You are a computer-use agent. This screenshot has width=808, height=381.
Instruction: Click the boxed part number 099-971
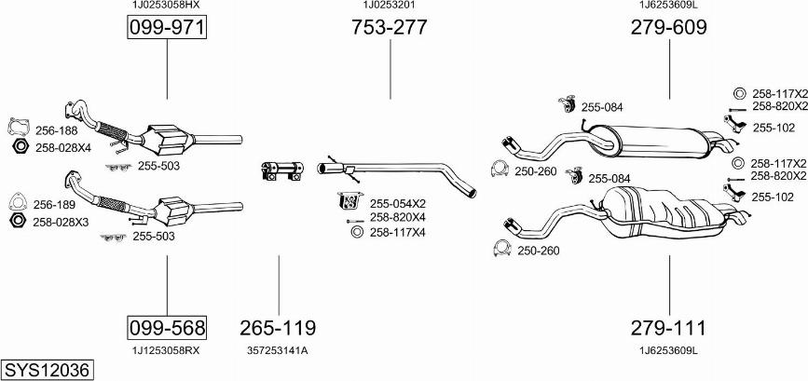coord(166,28)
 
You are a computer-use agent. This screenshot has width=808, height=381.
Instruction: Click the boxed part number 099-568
coord(166,328)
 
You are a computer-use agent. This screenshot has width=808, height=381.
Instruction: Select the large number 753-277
coord(389,28)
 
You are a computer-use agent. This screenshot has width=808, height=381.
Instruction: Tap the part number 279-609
coord(668,28)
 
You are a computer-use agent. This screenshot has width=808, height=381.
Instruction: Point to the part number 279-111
coord(668,328)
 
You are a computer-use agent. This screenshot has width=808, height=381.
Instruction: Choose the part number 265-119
coord(278,328)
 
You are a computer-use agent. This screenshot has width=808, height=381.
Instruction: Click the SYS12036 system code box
coord(47,370)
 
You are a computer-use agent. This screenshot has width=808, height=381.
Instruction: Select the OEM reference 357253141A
coord(278,350)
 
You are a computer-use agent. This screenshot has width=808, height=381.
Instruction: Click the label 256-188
coord(56,130)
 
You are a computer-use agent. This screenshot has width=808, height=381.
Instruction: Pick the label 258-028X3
coord(62,222)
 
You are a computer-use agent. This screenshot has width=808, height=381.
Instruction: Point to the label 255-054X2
coord(397,203)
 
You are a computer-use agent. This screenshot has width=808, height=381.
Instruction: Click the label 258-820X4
coord(397,217)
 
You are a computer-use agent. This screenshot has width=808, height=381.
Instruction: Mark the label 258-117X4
coord(397,232)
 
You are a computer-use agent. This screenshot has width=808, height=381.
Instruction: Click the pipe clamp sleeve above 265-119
coord(279,171)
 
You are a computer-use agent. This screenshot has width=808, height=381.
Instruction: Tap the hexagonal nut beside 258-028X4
coord(19,147)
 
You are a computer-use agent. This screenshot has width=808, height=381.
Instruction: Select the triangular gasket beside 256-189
coord(16,200)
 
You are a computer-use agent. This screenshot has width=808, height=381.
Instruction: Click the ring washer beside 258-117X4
coord(355,232)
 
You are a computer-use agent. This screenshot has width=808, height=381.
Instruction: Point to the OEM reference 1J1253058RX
coord(166,350)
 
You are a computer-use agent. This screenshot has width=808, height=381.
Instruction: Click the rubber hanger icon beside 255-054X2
coord(350,201)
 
